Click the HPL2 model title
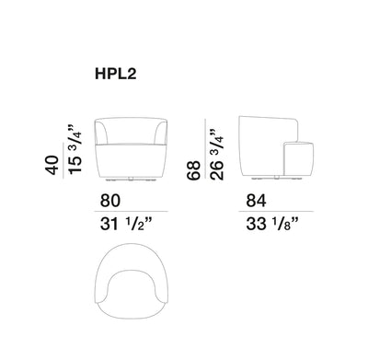(x=116, y=74)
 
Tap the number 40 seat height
(x=52, y=165)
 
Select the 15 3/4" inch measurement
(x=75, y=149)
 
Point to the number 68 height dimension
(x=194, y=169)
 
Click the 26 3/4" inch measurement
(x=217, y=155)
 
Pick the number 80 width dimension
(x=110, y=201)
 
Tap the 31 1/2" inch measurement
(x=126, y=224)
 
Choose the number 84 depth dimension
(x=256, y=201)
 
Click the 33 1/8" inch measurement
(x=272, y=224)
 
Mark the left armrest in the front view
(x=101, y=132)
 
